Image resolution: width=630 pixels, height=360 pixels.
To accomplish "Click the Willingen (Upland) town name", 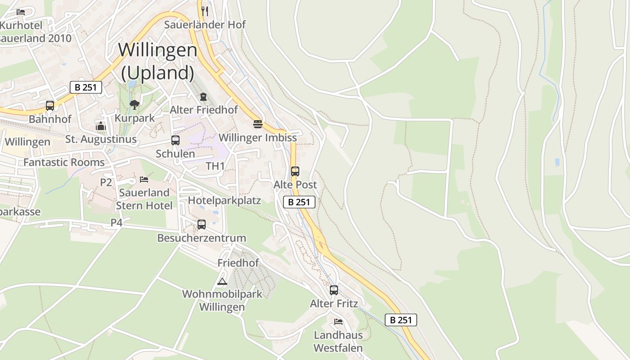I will coord(157,61).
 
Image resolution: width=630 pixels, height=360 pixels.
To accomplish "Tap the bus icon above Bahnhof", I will coord(50,106).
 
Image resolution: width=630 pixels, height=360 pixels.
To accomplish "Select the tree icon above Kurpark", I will coord(134,105).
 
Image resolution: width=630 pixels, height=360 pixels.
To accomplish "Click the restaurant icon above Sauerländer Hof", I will coord(205,11).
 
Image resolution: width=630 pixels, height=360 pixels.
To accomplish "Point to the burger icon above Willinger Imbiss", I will coord(257,124).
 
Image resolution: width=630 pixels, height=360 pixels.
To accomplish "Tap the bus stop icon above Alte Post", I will coord(295,171).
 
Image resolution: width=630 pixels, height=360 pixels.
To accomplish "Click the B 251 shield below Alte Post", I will coord(299,202).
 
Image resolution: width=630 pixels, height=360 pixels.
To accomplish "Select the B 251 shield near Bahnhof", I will coord(86,87).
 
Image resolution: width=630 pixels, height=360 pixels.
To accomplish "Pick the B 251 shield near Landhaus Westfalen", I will coord(401,320).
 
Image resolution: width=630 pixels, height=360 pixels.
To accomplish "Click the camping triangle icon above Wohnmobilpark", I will coord(222,282).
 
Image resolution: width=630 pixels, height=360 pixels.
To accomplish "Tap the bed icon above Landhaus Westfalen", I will coord(338,321).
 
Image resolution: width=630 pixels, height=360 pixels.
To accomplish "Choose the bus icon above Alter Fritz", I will coord(333,290).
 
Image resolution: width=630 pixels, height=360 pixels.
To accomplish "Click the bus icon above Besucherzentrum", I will coord(202,224).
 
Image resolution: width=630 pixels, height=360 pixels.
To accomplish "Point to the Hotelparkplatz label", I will coord(224,200).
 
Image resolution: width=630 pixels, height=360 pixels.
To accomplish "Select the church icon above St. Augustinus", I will coord(101,126).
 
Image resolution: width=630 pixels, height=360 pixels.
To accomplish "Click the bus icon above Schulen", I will coord(175,140).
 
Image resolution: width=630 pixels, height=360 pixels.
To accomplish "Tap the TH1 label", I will coord(215,166).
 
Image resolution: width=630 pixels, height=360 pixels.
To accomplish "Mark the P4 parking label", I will coord(117,222).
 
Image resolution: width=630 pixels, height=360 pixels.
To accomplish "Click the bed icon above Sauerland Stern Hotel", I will coord(144,179).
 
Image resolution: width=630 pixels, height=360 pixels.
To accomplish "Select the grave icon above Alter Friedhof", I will coord(203,96).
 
